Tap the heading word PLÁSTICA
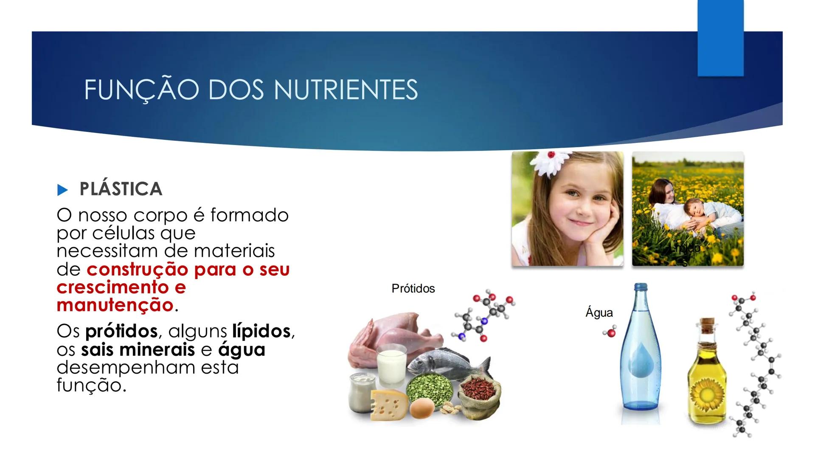click(121, 189)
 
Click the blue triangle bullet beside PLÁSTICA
click(62, 190)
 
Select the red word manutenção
click(115, 305)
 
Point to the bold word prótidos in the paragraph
click(121, 331)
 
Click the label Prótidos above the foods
click(413, 289)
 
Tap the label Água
click(599, 313)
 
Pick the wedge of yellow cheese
click(388, 405)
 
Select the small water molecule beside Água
click(610, 333)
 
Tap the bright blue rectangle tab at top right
click(720, 38)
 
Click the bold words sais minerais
click(138, 350)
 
